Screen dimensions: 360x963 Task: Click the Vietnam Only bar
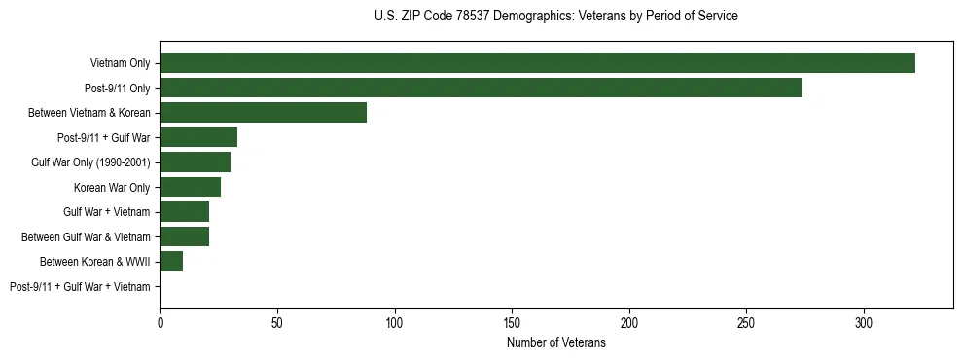point(537,63)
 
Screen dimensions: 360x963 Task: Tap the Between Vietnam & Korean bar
point(263,113)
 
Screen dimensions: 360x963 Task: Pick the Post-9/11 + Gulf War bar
point(198,137)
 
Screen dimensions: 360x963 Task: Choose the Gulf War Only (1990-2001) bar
point(195,162)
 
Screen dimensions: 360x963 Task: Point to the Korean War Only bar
point(190,187)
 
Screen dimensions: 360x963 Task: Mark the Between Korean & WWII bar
point(171,261)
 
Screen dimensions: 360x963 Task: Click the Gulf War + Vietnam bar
point(184,211)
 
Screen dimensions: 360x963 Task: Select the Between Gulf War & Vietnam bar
point(184,236)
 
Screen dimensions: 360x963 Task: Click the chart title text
point(555,17)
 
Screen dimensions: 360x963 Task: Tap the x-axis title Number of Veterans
point(555,343)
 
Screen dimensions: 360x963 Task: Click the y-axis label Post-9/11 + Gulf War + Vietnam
point(80,286)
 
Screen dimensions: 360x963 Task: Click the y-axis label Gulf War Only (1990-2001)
point(90,162)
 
